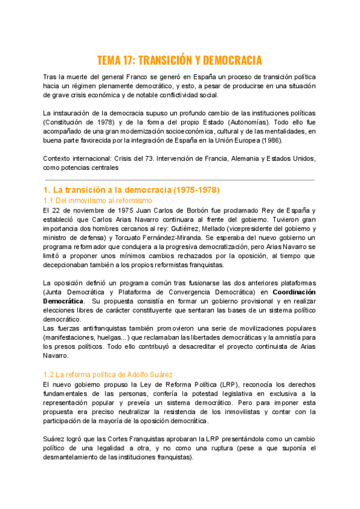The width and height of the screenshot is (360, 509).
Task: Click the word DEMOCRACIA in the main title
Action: point(231,61)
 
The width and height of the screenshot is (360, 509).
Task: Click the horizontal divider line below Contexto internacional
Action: point(179,179)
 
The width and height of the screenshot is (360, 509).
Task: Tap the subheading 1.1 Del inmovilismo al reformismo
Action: point(98,200)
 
